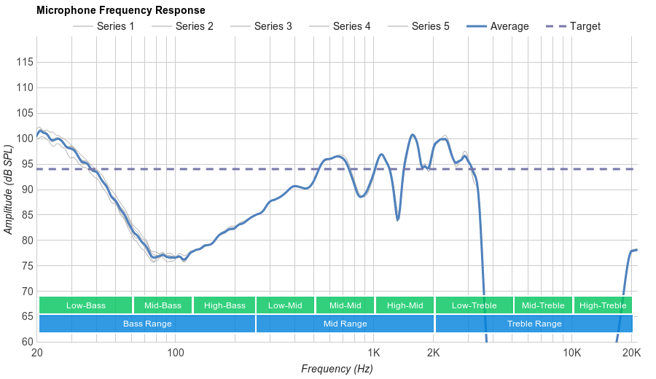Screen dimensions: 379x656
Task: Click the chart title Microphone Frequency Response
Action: (120, 10)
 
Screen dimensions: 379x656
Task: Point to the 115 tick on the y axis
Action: (25, 62)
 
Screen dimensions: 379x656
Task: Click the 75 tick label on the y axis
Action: (25, 266)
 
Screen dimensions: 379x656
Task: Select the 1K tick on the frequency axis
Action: (373, 353)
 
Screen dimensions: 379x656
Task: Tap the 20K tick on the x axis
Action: (631, 353)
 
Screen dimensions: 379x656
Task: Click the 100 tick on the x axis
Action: (175, 353)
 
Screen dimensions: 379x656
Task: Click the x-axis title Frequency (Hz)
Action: (337, 369)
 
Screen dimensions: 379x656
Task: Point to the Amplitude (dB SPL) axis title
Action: (9, 189)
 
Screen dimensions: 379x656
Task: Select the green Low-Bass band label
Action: (86, 305)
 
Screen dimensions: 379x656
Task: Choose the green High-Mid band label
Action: (405, 305)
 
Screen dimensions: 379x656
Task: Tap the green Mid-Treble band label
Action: (543, 305)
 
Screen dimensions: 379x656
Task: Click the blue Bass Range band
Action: (147, 324)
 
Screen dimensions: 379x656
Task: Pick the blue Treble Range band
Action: (534, 324)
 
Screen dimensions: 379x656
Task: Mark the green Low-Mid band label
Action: (285, 305)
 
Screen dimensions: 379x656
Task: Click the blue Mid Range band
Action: (345, 324)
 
